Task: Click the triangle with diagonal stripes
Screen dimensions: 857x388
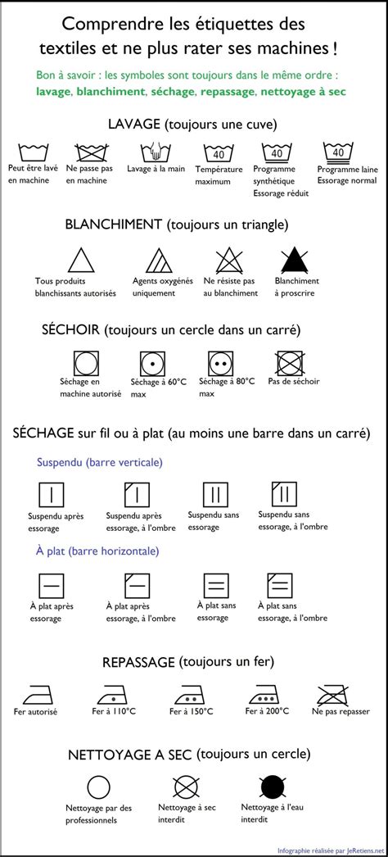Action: pos(157,261)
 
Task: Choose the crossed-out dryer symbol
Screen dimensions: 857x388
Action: pos(290,361)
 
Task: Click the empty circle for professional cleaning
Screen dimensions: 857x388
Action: pos(98,787)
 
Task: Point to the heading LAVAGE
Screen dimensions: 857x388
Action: pos(134,124)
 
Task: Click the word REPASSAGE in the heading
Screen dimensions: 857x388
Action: pos(138,661)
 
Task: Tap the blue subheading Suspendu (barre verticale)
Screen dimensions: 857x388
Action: pos(100,462)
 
